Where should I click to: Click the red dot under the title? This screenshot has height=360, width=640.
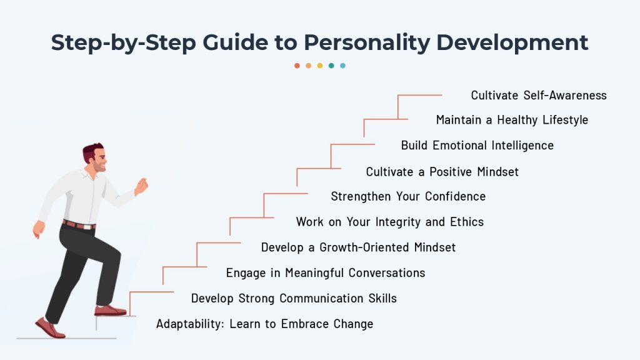[297, 66]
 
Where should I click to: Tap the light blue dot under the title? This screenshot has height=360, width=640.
[343, 66]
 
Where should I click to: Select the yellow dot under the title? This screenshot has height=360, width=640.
[320, 66]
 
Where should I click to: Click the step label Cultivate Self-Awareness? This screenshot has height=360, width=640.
[539, 96]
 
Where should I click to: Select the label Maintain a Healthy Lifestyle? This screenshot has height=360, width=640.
[512, 120]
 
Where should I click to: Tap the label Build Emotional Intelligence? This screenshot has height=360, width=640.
[477, 146]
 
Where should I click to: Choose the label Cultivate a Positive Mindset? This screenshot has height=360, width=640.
[442, 172]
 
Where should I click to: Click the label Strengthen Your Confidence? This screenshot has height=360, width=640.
[408, 197]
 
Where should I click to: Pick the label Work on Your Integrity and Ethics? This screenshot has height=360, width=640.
[390, 222]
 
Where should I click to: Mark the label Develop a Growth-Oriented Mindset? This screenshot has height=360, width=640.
[358, 247]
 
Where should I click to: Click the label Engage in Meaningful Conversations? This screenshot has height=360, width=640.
[326, 273]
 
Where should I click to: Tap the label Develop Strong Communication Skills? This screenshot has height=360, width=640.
[294, 298]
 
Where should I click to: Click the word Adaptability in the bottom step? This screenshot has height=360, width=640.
[190, 324]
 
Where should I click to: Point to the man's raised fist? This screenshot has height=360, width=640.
[141, 186]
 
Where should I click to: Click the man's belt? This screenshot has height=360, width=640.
[79, 225]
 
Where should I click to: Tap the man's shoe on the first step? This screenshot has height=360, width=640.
[110, 311]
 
